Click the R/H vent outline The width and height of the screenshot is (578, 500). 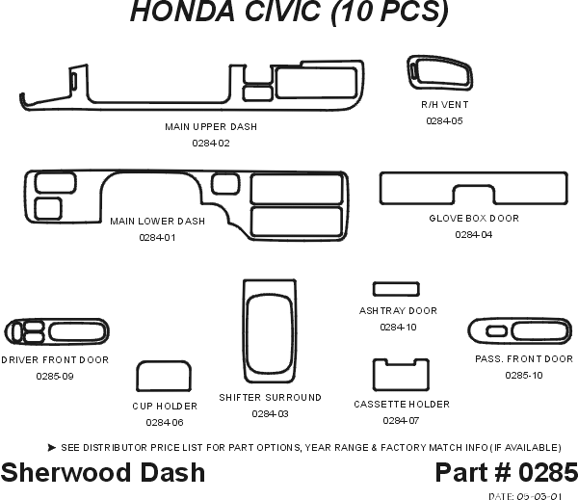click(442, 73)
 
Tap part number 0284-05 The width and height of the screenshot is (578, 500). click(444, 121)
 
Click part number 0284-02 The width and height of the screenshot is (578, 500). click(211, 143)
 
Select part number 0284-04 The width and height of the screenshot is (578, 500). click(473, 234)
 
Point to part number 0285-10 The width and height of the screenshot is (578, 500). click(523, 375)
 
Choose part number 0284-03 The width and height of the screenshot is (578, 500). click(270, 413)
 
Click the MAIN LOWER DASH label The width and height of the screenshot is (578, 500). click(157, 221)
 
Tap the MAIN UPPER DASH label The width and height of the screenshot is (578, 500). click(211, 126)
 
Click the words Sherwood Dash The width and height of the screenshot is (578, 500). click(103, 472)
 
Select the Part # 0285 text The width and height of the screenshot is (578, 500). click(506, 472)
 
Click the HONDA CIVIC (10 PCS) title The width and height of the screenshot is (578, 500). click(288, 13)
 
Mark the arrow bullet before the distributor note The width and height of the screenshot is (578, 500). click(50, 447)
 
